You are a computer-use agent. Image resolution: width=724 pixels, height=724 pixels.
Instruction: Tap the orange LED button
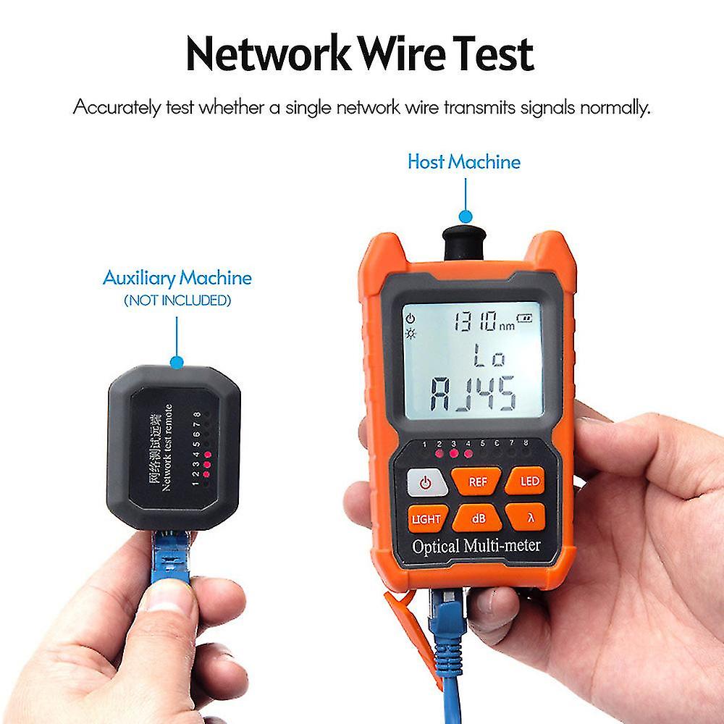tap(524, 481)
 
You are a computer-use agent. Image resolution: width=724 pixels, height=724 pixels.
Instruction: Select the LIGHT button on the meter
tap(426, 518)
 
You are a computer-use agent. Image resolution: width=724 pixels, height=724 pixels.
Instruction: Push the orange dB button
tap(477, 518)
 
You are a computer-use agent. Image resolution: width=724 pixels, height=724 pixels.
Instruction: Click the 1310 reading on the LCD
tap(474, 321)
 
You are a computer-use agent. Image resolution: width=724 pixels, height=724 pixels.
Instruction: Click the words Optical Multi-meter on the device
tap(476, 545)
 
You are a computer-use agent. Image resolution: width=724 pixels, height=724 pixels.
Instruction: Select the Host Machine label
tap(464, 161)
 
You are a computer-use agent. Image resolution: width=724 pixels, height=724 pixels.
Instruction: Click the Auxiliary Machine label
tap(177, 277)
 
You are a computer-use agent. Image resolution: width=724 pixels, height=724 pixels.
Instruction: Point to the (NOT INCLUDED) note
tap(177, 300)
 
